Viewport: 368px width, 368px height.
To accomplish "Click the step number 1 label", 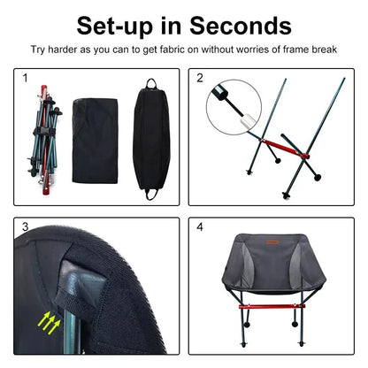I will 26,79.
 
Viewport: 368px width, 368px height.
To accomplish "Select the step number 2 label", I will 200,79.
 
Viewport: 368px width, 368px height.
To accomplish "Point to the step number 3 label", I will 26,227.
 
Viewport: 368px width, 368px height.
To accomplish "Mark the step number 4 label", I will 200,227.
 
